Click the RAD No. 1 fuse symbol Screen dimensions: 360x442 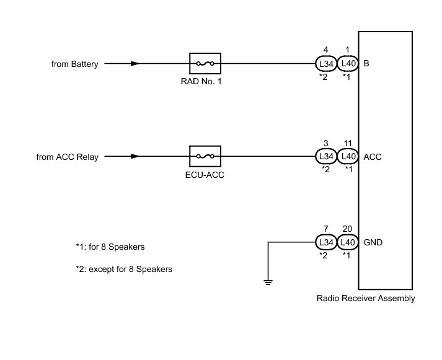point(205,63)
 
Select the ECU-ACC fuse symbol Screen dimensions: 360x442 point(205,157)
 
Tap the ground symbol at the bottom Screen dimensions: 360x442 point(268,284)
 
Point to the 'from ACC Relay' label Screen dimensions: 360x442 point(68,157)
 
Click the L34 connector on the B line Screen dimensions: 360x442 point(325,63)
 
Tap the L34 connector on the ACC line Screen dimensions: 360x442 point(325,157)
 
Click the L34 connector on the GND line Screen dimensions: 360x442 point(325,242)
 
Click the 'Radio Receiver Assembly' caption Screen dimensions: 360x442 point(366,299)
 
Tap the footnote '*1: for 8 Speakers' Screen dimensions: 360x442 point(110,247)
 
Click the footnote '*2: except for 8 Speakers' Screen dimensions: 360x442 point(123,270)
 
